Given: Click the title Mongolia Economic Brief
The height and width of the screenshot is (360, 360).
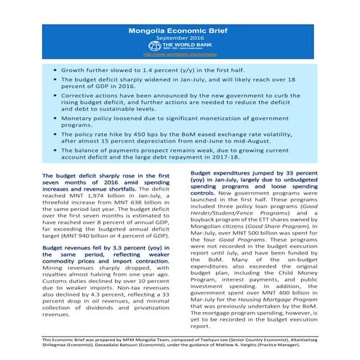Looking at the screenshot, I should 180,32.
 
